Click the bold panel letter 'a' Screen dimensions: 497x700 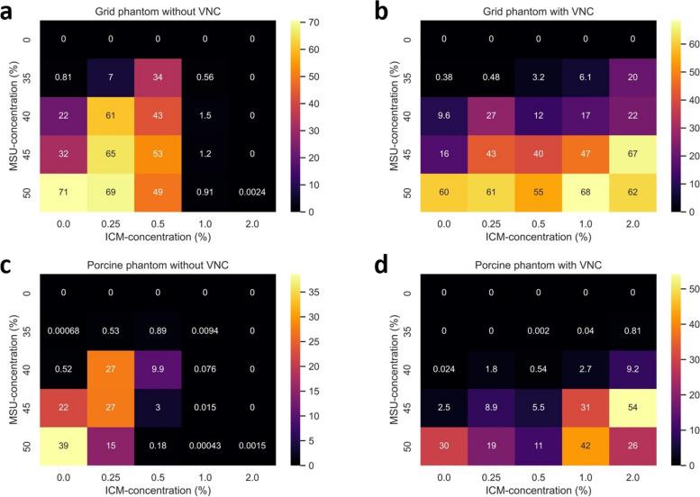click(x=8, y=10)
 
